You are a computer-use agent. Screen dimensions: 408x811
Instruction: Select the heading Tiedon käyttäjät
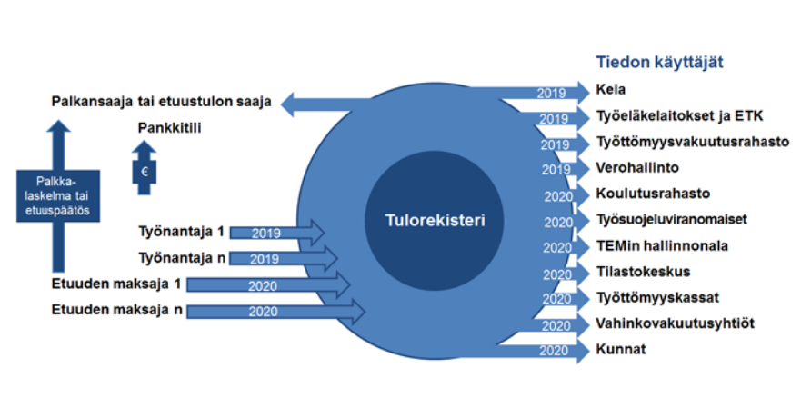pos(665,62)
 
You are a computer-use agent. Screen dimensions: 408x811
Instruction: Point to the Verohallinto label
pos(637,167)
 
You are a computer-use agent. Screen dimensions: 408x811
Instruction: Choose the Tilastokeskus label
pos(643,271)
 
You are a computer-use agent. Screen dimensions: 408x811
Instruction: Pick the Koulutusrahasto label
pos(653,194)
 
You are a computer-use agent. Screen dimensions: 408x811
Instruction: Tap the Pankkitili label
pos(169,128)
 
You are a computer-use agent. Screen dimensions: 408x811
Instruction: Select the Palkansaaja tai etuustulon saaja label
pos(161,102)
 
